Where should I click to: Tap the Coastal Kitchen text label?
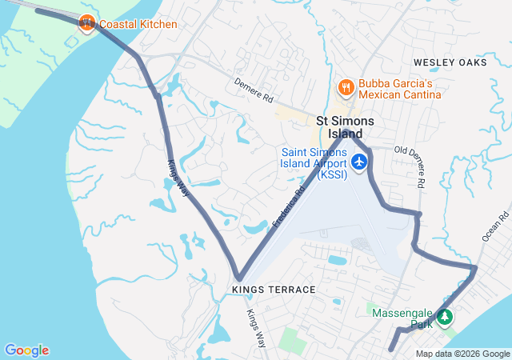138,24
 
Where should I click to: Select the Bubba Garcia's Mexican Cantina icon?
346,86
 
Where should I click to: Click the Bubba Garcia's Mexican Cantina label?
400,89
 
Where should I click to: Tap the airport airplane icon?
359,162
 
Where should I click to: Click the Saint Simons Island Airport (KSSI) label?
314,163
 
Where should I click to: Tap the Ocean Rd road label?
496,226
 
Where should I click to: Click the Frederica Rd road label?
289,206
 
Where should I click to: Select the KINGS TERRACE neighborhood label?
273,289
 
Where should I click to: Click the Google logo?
26,350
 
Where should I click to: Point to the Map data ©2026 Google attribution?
462,354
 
